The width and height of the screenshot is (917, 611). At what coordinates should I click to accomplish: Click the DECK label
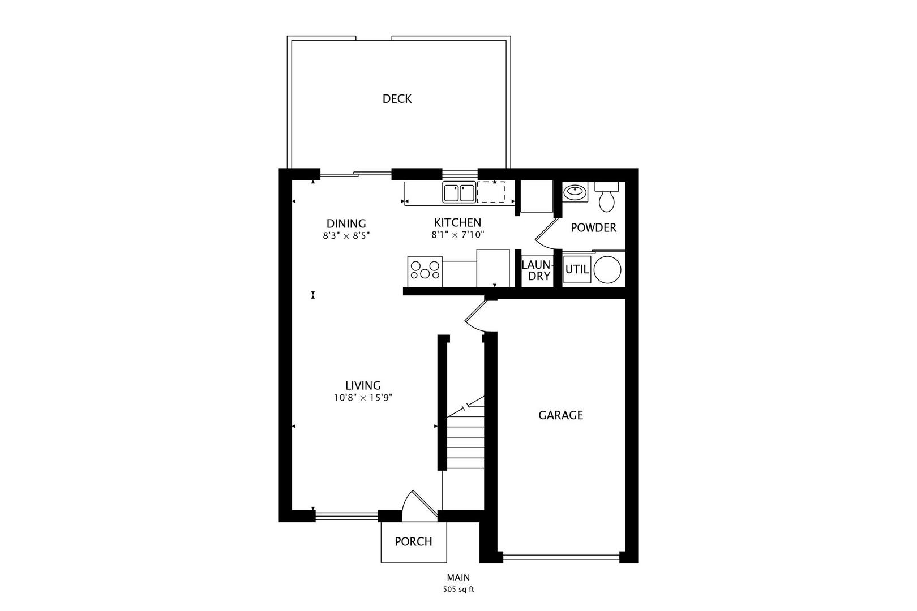(397, 99)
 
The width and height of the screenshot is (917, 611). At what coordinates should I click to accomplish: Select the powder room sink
(576, 192)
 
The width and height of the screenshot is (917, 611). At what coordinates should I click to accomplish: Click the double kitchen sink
(459, 192)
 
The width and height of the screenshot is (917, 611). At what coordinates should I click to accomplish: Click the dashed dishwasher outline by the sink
(491, 192)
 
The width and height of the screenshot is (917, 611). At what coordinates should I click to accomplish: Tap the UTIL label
(577, 269)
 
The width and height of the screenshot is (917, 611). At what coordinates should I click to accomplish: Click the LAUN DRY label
(535, 270)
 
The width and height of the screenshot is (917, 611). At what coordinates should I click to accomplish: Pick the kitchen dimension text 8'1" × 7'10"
(458, 234)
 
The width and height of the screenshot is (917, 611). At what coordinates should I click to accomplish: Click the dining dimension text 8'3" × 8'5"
(346, 235)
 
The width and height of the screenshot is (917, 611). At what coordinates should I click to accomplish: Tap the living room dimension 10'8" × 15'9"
(363, 398)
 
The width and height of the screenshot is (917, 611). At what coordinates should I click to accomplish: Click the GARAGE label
(560, 415)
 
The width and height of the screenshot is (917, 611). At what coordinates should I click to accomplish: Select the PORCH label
(413, 541)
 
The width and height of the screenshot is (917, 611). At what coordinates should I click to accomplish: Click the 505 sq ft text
(458, 590)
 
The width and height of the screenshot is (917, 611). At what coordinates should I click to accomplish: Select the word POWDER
(593, 227)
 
